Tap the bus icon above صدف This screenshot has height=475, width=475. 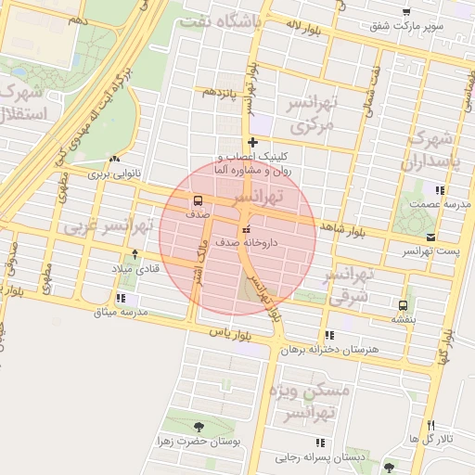pos(197,199)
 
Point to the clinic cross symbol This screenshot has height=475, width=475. pos(251,143)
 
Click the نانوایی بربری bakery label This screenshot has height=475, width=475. pos(110,173)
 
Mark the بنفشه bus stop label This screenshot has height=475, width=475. pos(403,318)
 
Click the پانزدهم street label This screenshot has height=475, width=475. pos(223,93)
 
